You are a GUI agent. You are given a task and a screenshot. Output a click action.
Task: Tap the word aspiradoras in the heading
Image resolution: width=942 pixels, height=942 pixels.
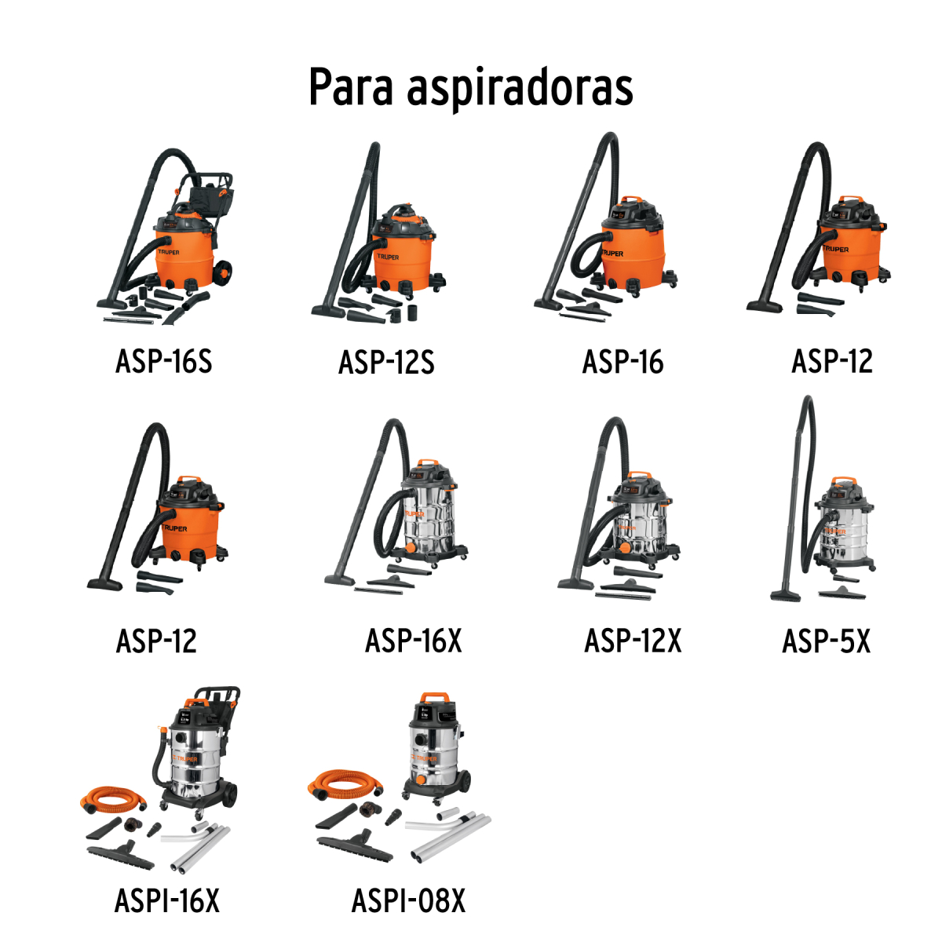click(x=520, y=88)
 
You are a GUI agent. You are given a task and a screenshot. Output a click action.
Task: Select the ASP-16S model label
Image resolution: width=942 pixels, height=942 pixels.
click(x=163, y=362)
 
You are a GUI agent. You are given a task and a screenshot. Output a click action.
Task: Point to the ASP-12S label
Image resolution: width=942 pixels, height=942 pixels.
click(x=386, y=363)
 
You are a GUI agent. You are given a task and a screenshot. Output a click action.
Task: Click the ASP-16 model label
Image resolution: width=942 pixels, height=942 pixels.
click(x=623, y=362)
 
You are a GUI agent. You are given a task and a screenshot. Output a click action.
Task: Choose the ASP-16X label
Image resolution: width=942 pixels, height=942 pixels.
click(x=413, y=641)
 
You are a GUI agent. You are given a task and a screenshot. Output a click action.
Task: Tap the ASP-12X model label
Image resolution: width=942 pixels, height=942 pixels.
click(x=633, y=641)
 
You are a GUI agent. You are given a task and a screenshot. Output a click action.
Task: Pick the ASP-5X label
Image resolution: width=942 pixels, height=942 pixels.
click(x=826, y=641)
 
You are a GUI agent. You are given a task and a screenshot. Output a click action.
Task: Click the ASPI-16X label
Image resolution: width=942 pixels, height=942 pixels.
click(x=167, y=900)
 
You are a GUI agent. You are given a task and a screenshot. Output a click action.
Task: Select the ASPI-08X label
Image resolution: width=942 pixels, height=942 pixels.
click(x=408, y=900)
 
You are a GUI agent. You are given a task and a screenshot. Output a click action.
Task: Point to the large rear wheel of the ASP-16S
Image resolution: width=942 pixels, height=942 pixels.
click(x=223, y=272)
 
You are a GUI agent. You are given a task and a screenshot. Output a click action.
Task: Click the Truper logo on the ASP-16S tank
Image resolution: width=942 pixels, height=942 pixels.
click(x=168, y=253)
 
